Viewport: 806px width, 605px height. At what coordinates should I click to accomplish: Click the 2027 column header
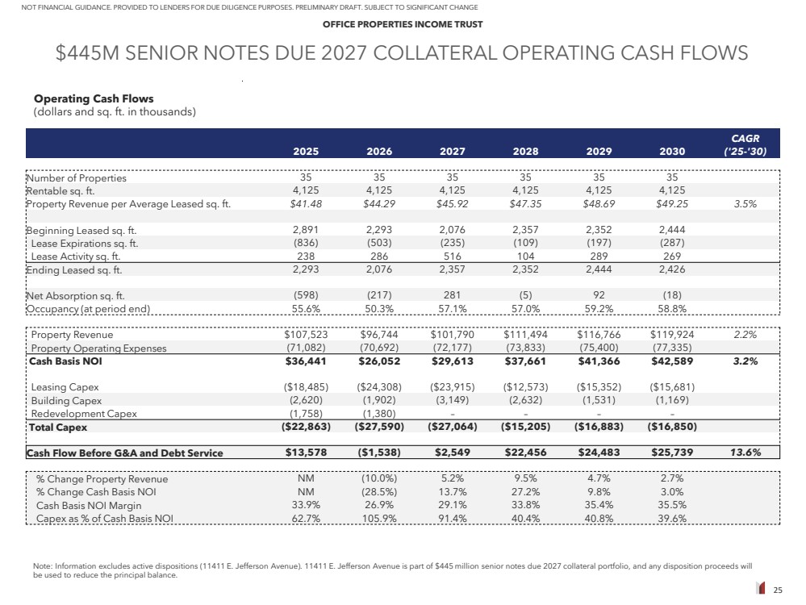(452, 151)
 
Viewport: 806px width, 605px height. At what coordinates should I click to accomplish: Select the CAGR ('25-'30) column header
(742, 144)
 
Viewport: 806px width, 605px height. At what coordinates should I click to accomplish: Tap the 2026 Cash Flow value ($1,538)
(378, 453)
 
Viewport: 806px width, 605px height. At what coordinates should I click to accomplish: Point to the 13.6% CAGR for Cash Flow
(742, 453)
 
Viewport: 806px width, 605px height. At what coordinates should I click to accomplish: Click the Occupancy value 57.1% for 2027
(452, 309)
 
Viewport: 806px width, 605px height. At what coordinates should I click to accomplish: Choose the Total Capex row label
(58, 427)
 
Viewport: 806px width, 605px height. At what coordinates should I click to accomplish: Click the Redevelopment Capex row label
(84, 414)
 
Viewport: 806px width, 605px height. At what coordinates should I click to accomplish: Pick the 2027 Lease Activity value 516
(453, 257)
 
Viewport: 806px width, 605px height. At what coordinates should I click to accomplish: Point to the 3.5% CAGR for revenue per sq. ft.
(745, 204)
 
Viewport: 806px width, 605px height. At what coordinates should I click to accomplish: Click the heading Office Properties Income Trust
(403, 24)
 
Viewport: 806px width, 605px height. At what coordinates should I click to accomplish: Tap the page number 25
(778, 590)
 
